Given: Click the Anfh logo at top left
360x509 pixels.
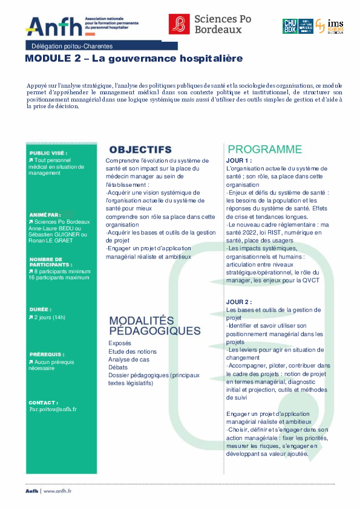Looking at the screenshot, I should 53,25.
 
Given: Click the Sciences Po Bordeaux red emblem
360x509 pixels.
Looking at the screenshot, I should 178,24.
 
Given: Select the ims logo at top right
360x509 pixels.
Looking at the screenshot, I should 335,25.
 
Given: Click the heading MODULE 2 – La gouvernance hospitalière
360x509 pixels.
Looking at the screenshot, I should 133,59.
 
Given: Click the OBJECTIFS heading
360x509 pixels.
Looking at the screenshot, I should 140,149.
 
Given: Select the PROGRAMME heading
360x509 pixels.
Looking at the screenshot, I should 264,149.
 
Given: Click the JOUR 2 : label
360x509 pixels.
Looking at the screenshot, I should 238,302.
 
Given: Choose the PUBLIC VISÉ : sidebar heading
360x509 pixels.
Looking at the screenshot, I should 48,154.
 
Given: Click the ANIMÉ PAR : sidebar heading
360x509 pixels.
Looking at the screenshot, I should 45,215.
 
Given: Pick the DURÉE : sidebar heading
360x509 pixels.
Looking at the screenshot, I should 40,309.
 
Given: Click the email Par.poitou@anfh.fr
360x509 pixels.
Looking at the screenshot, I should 53,409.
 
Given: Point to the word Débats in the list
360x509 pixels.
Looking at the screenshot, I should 119,367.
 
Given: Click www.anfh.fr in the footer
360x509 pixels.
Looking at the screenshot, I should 57,491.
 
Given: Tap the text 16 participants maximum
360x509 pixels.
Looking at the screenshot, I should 59,277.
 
